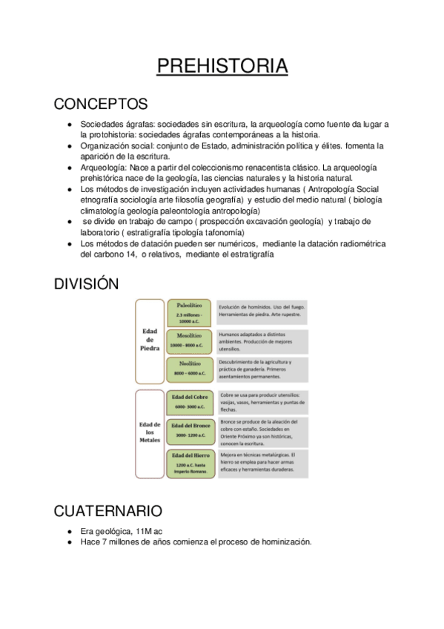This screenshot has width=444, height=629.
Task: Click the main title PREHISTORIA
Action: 222,66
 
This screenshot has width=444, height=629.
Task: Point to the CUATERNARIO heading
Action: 108,511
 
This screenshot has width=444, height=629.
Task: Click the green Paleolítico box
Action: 190,312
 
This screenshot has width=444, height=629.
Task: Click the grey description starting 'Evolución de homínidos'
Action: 263,312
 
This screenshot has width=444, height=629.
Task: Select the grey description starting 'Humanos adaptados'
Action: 263,341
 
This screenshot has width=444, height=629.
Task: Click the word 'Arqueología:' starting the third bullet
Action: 103,168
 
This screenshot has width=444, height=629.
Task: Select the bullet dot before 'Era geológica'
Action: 69,531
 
